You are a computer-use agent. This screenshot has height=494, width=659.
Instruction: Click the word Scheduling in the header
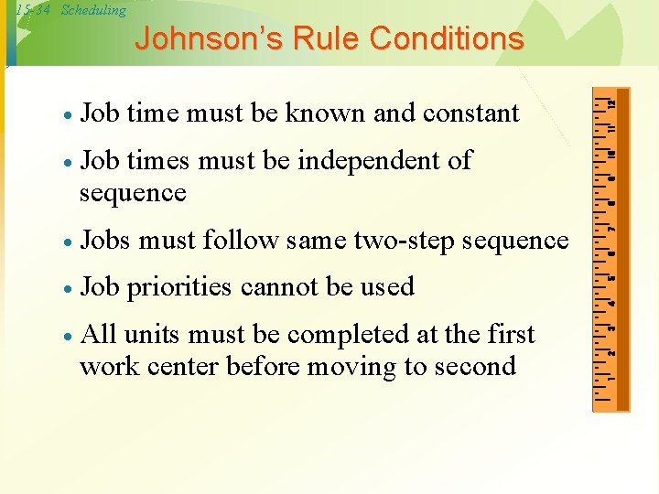93,10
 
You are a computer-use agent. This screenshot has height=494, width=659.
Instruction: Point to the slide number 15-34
33,10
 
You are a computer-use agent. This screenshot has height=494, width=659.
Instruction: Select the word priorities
178,287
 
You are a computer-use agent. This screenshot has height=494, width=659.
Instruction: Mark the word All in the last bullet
97,335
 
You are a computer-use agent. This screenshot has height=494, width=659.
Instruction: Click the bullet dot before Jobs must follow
68,242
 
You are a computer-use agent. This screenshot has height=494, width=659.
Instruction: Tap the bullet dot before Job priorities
68,289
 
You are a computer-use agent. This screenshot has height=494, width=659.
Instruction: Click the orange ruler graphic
611,248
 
